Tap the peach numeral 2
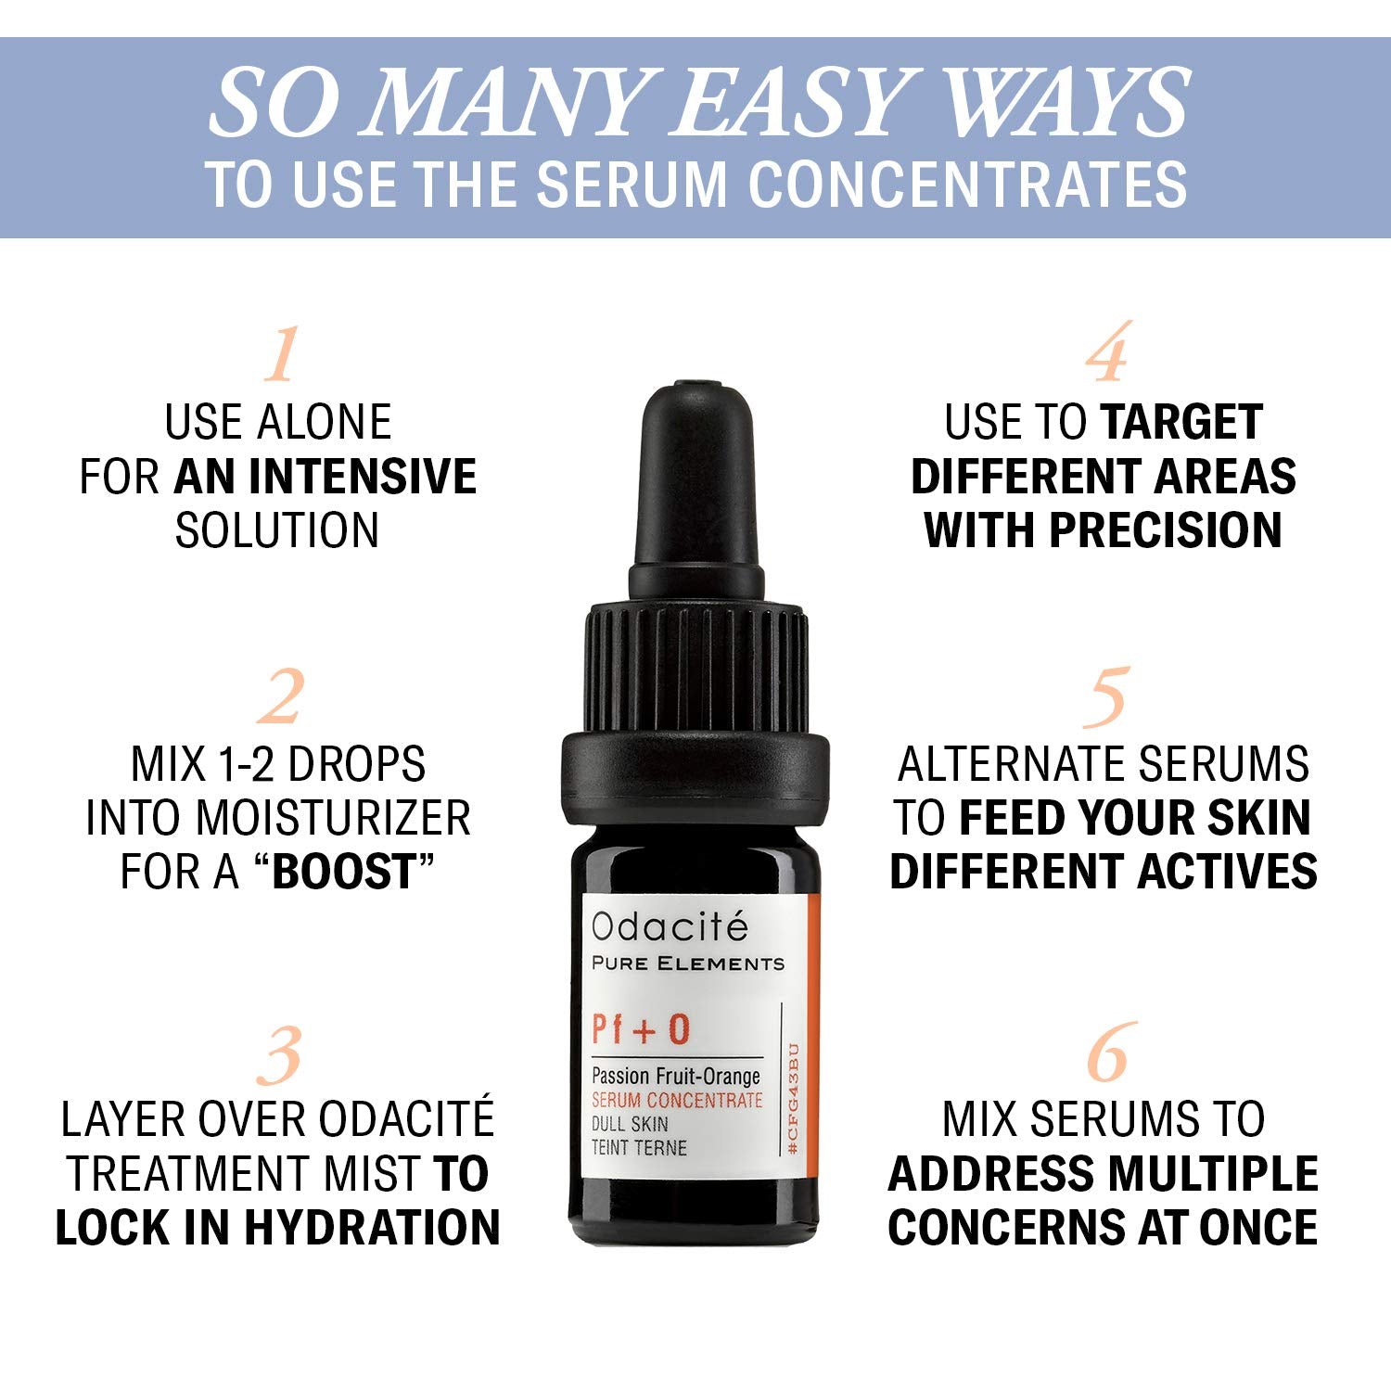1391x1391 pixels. point(280,697)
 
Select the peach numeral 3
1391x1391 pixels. point(280,1054)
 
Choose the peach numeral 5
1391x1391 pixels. point(1105,697)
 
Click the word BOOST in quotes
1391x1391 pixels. point(343,872)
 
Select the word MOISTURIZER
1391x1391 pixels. point(333,818)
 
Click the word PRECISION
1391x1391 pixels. point(1166,530)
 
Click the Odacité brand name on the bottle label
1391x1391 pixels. point(670,926)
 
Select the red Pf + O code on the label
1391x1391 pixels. point(641,1030)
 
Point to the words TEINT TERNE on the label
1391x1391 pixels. point(639,1148)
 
